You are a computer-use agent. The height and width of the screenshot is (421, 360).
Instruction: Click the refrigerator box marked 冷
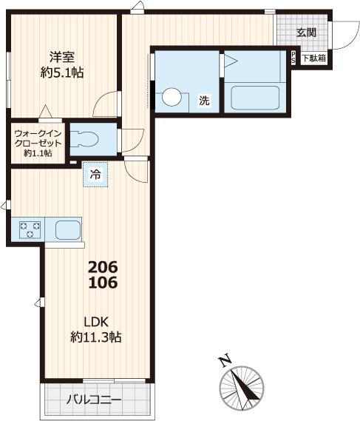click(x=95, y=175)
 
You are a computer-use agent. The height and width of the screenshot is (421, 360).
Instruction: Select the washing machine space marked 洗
click(x=203, y=101)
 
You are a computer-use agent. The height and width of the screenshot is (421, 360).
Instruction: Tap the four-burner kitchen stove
click(x=28, y=229)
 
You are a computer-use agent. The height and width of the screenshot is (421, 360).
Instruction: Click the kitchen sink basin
click(x=67, y=229)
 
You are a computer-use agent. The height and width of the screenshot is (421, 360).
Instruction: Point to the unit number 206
click(x=103, y=267)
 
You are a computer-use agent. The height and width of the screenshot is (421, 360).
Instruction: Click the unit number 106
click(x=103, y=283)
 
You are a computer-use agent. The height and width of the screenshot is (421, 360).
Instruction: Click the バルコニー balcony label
click(x=94, y=400)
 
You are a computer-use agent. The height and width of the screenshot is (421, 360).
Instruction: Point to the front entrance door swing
click(x=342, y=33)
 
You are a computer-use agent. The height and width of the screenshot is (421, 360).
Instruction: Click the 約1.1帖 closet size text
click(x=37, y=153)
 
